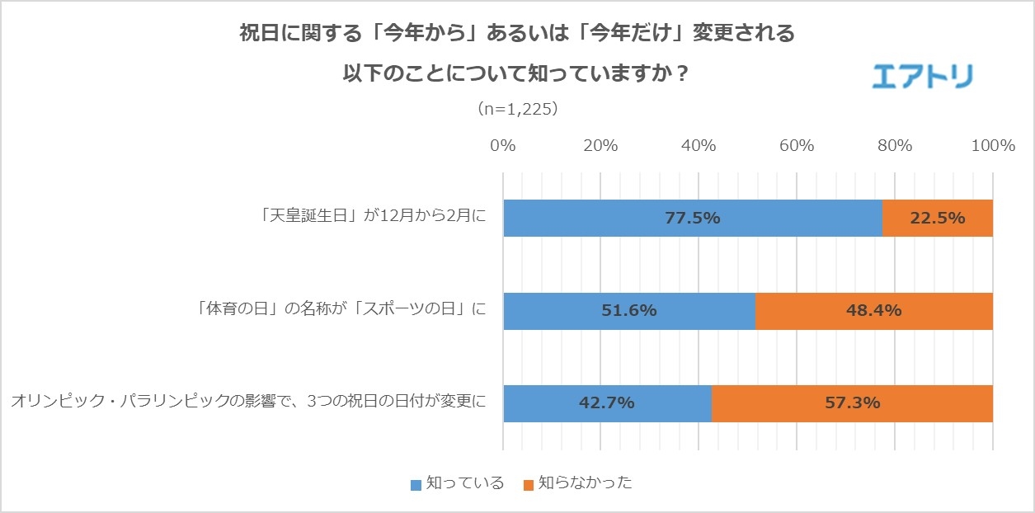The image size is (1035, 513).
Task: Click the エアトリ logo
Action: click(x=923, y=76)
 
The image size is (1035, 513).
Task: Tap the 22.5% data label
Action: click(x=938, y=219)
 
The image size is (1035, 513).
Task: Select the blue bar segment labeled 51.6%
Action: click(x=628, y=311)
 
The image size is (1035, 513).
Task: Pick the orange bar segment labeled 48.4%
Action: click(x=874, y=311)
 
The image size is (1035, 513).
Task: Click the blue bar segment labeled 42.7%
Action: click(x=606, y=403)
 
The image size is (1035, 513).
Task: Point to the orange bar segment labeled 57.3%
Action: click(x=852, y=403)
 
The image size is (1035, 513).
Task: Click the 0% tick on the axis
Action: click(x=503, y=146)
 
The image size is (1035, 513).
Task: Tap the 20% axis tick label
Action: click(x=600, y=146)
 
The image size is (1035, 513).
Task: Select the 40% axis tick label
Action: click(x=699, y=146)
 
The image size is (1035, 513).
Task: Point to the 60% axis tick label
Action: click(x=797, y=146)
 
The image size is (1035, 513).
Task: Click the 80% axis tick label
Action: click(x=895, y=146)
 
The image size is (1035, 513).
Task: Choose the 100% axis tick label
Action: click(x=993, y=146)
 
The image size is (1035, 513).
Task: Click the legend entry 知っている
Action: click(x=458, y=483)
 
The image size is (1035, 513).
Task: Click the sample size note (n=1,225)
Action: click(x=517, y=108)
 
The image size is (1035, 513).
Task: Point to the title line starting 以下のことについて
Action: click(x=516, y=73)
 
